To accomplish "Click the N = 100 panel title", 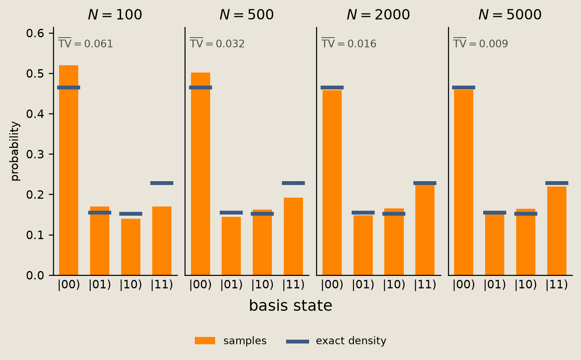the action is (x=115, y=15).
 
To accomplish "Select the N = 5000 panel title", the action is (x=510, y=15).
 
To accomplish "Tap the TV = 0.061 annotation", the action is (x=86, y=43).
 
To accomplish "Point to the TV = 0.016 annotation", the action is (x=349, y=43).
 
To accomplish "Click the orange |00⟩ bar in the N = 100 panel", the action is (x=69, y=170).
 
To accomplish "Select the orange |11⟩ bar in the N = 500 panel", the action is (x=293, y=236).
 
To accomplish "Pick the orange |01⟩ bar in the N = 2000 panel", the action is (x=363, y=245).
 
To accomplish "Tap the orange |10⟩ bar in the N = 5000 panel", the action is (x=526, y=242).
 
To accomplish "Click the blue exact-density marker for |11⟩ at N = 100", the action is (x=162, y=183).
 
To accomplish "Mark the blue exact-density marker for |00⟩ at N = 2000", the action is (x=332, y=88).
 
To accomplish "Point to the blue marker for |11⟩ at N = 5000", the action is (x=557, y=183).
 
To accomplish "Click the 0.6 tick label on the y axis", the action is (x=35, y=33).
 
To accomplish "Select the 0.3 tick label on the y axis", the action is (x=35, y=154).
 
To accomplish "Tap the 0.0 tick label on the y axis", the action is (x=35, y=276).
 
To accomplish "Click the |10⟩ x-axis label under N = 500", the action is (x=262, y=285).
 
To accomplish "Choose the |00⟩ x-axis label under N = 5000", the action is (x=464, y=285).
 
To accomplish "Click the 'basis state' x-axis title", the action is (x=291, y=306).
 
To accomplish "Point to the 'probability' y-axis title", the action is (x=15, y=151).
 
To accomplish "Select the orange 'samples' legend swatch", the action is (x=205, y=340).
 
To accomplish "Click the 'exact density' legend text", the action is (x=351, y=341).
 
